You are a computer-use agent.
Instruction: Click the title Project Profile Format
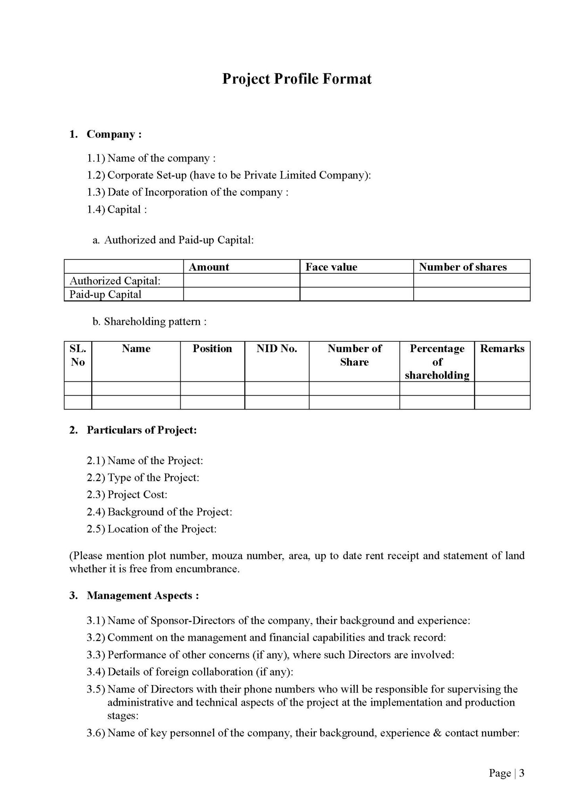[297, 79]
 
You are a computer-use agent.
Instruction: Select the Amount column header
[209, 267]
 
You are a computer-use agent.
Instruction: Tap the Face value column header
[331, 267]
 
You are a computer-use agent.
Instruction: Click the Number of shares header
[463, 267]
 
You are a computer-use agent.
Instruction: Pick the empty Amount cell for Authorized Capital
[241, 281]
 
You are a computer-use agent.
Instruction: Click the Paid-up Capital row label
[105, 295]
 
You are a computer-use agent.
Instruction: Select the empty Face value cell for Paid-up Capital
[357, 295]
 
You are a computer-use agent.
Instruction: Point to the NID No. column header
[277, 348]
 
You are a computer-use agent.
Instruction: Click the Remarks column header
[502, 348]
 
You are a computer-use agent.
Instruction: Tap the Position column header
[212, 348]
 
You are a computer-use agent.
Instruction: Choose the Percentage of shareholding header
[437, 362]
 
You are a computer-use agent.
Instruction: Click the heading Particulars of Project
[141, 430]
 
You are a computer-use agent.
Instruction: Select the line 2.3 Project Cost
[127, 495]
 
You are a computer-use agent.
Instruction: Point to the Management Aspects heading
[143, 596]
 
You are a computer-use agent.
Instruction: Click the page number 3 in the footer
[522, 773]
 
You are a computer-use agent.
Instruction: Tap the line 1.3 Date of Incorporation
[187, 192]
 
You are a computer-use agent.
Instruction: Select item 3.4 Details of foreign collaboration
[190, 672]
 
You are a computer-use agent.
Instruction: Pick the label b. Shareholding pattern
[150, 322]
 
